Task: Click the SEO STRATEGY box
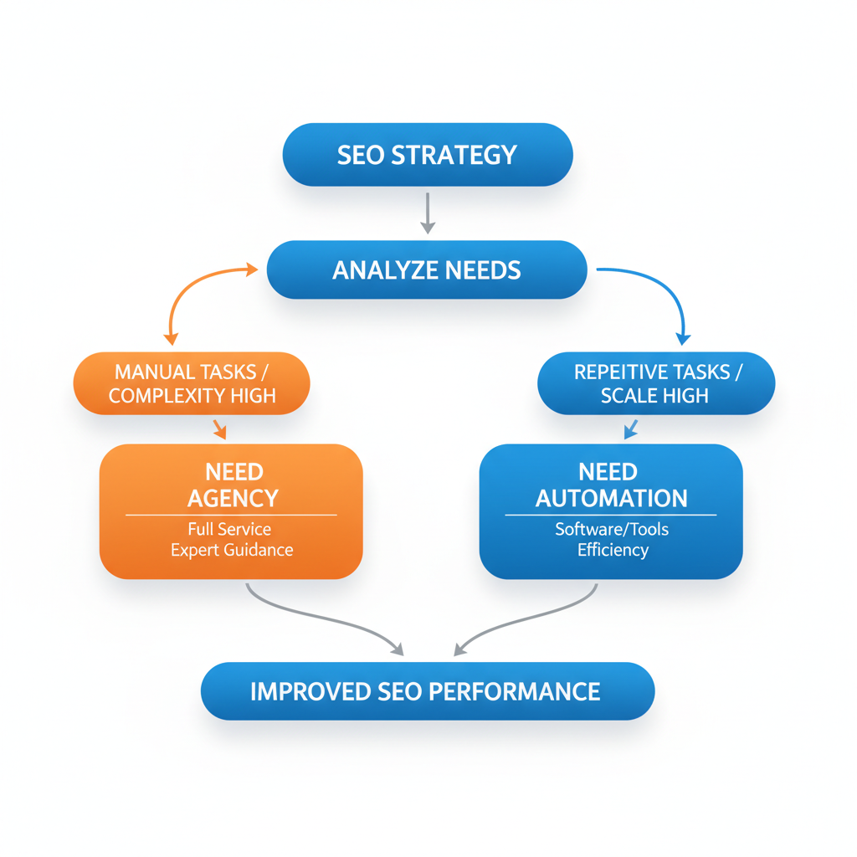[428, 155]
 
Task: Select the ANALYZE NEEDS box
[427, 269]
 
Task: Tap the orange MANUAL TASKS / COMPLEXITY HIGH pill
[192, 383]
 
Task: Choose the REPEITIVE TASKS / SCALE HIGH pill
[655, 383]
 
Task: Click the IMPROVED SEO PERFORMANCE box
[427, 691]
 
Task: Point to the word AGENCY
[232, 499]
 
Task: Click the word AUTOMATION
[611, 499]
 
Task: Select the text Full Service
[229, 529]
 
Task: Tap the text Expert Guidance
[232, 550]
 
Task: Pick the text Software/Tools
[612, 529]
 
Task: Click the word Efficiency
[612, 550]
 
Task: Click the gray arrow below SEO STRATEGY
[428, 213]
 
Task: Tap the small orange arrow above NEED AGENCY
[220, 429]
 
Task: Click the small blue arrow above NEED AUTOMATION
[631, 429]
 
